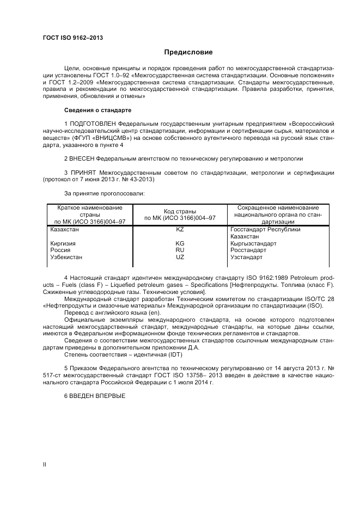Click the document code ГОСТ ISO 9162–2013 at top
[72, 38]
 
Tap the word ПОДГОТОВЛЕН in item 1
[92, 124]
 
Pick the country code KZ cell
[180, 230]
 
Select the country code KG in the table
[180, 243]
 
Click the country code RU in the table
[180, 250]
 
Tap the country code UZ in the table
[180, 257]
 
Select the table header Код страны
[180, 211]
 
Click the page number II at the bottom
[45, 464]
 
